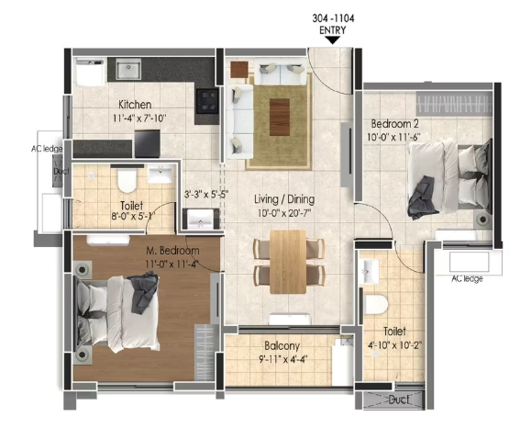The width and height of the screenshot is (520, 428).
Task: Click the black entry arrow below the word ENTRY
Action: [333, 40]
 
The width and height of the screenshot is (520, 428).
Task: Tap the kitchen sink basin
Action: [128, 70]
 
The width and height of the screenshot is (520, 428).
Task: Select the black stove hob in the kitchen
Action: [207, 101]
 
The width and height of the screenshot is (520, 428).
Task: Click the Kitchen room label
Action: [135, 105]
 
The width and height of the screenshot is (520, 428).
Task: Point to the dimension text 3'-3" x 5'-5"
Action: [206, 195]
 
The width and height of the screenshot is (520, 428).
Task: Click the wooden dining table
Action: [288, 262]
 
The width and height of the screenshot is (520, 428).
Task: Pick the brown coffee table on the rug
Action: [280, 117]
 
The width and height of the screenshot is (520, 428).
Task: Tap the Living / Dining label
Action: [284, 199]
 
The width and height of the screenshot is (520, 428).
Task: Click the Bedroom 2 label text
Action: [394, 124]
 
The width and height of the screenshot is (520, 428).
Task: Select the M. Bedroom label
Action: [172, 251]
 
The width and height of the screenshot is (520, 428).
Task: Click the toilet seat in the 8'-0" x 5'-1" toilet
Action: [127, 181]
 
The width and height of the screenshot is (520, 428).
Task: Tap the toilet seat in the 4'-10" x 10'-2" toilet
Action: [376, 304]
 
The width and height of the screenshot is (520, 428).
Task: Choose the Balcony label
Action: [282, 346]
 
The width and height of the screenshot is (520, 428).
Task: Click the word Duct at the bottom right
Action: [398, 400]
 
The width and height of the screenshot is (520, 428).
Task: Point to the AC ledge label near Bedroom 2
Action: [467, 279]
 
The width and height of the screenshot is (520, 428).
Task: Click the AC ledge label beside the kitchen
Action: [47, 149]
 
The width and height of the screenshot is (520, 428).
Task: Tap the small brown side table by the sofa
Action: [239, 70]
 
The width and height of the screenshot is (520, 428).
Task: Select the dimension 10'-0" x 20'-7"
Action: [284, 213]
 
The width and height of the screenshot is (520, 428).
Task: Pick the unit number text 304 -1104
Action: [333, 18]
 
